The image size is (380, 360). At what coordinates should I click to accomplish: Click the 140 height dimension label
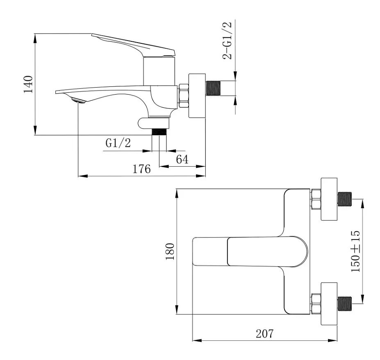point(28,84)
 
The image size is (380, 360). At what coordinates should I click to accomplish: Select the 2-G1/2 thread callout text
point(227,41)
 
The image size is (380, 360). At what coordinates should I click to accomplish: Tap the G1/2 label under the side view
point(118,143)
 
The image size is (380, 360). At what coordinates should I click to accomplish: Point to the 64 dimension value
point(182,159)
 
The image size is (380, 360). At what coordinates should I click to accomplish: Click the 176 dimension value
point(141,169)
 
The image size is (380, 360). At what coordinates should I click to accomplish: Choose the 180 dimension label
point(170,251)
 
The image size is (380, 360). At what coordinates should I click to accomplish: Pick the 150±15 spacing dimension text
point(355,251)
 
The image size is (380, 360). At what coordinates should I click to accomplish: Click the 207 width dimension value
point(264,334)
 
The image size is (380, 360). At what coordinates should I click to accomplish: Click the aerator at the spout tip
point(78,100)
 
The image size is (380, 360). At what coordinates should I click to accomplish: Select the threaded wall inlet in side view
point(214,88)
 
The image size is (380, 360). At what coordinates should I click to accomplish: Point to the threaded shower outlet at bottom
point(159,132)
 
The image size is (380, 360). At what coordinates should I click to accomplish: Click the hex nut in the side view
point(184,96)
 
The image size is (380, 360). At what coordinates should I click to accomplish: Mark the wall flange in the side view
point(197,96)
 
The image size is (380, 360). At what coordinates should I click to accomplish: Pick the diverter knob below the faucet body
point(153,123)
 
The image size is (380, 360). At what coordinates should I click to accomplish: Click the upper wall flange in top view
point(329,199)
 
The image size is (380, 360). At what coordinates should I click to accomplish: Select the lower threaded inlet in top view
point(345,303)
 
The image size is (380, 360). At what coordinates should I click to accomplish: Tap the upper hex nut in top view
point(316,199)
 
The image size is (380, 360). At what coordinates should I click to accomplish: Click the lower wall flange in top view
point(329,303)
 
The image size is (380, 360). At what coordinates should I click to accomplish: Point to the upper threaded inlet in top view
point(345,199)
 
